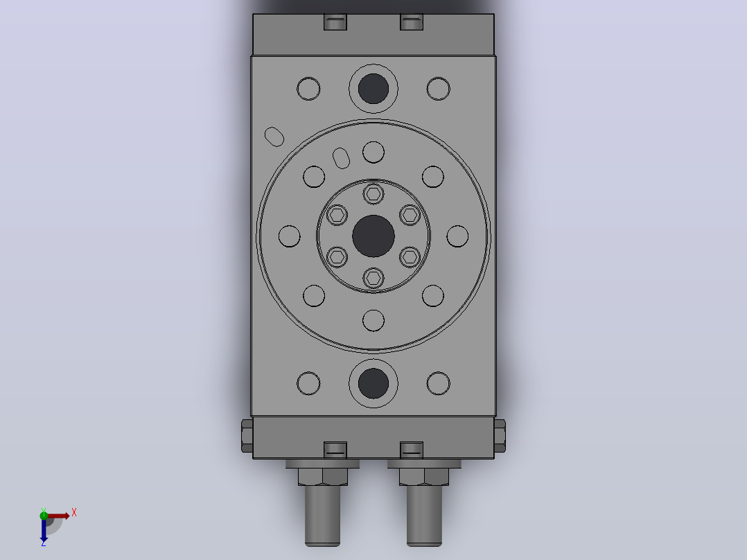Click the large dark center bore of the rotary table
click(373, 236)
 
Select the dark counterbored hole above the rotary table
click(373, 89)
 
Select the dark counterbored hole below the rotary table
click(373, 383)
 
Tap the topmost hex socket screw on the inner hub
click(373, 194)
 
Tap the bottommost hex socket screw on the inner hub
click(373, 278)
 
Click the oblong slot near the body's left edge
click(274, 137)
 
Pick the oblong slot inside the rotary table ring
click(341, 158)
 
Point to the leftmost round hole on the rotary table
click(289, 236)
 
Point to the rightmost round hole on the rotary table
click(457, 236)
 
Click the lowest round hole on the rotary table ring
click(373, 320)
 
